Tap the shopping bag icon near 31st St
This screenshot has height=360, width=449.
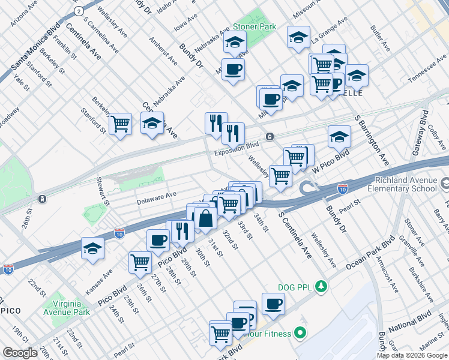pos(205,219)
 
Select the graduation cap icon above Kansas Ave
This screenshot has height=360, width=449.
pos(92,247)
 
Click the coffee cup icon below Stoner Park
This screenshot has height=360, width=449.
pos(233,68)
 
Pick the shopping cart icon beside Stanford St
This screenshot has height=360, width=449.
pos(121,124)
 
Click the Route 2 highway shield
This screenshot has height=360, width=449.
pos(79,11)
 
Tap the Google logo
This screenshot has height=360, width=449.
pos(20,353)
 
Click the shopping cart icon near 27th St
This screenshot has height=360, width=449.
pos(140,261)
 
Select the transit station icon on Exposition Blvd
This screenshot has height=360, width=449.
pos(270,136)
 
